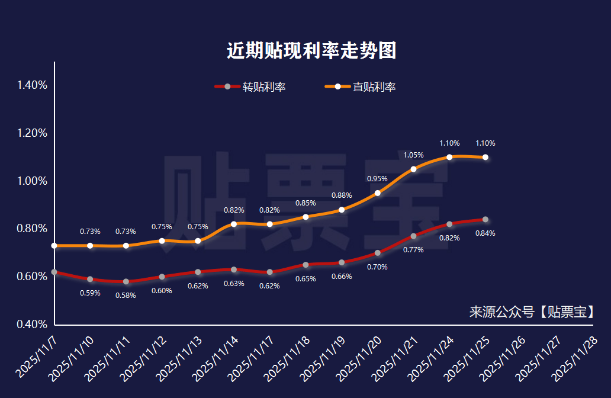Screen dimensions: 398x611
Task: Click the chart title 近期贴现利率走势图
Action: (311, 51)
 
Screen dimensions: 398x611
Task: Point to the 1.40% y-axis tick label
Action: (33, 85)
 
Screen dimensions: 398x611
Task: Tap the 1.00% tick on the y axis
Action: (33, 181)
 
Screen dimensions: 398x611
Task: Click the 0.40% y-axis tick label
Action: (33, 325)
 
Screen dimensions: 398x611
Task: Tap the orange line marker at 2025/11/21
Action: (413, 169)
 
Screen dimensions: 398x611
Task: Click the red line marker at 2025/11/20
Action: (377, 253)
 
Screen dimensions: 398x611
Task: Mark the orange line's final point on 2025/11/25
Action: (485, 157)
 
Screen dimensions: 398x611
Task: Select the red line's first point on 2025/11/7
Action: (54, 272)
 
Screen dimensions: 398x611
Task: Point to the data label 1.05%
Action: (413, 155)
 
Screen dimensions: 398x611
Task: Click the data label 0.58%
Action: (126, 296)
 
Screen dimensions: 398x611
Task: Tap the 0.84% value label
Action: (485, 233)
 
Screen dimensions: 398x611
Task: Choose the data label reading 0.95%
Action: (377, 179)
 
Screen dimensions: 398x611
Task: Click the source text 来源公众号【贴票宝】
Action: (532, 312)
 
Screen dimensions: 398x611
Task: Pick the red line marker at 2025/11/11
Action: (126, 281)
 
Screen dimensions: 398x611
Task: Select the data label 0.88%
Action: (342, 195)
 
